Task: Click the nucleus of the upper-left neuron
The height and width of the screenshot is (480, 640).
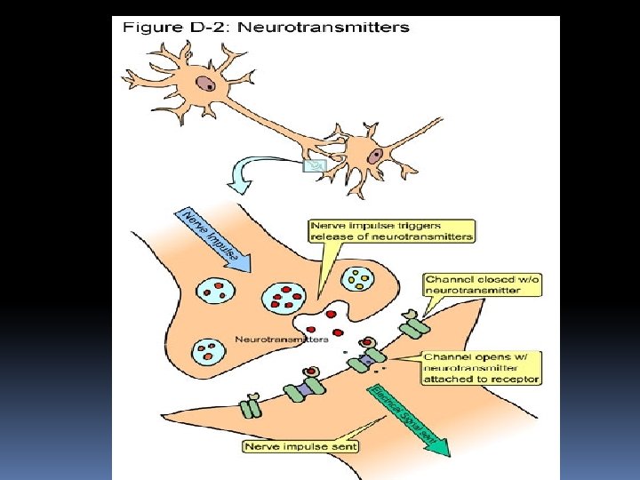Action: tap(205, 84)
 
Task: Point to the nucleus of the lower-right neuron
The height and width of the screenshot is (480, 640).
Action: tap(376, 155)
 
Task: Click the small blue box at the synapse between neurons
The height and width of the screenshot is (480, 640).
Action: tap(316, 165)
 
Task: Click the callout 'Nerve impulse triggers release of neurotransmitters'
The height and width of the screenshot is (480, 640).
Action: tap(391, 231)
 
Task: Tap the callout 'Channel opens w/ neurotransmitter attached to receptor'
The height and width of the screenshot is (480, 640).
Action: tap(481, 367)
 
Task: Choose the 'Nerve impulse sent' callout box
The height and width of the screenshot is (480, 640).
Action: tap(300, 446)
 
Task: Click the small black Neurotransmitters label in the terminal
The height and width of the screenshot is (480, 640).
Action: tap(282, 339)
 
